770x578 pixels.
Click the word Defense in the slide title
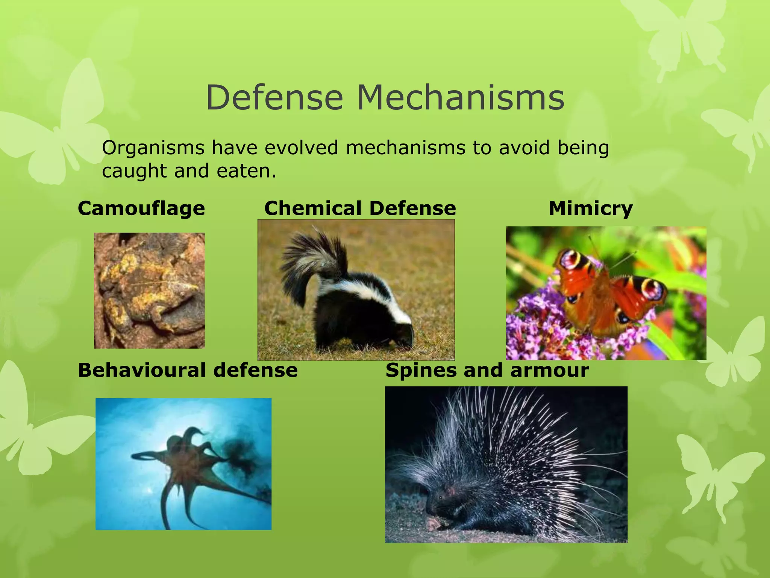[274, 98]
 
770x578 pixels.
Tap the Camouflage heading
[141, 208]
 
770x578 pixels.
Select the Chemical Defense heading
[360, 208]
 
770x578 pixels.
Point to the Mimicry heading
[591, 208]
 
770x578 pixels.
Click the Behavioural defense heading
[188, 370]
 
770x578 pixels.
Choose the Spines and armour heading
[487, 370]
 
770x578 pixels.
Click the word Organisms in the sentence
[153, 148]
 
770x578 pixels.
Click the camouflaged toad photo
[149, 291]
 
